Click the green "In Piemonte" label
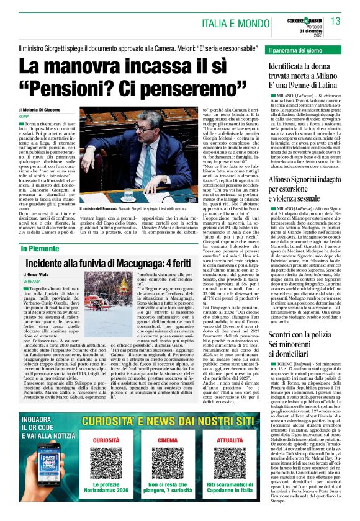[x=41, y=249]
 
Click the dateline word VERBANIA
[x=35, y=281]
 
